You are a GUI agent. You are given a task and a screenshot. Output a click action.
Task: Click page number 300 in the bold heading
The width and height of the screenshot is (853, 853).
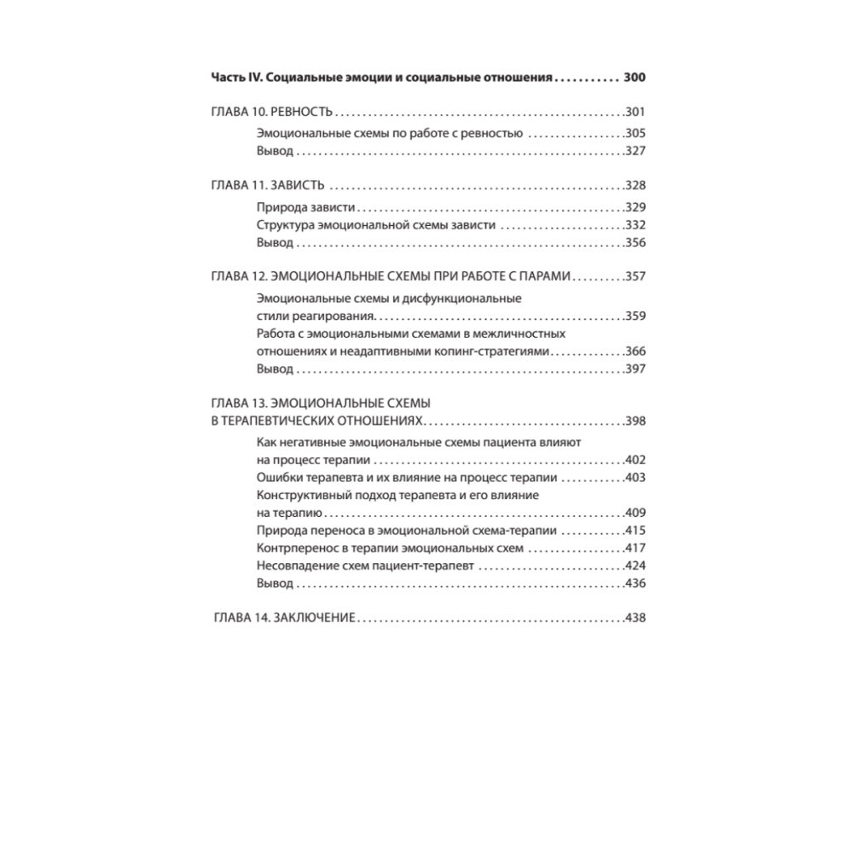[635, 78]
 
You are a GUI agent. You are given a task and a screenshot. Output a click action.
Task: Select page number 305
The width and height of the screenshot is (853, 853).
[635, 133]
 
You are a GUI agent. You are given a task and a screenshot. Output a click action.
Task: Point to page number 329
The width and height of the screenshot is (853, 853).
[635, 207]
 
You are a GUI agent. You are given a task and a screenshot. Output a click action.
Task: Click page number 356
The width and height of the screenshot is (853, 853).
[635, 243]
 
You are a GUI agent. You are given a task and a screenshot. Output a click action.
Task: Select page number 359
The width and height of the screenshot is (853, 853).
[635, 316]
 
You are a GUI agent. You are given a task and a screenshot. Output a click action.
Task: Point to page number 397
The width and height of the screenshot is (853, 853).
[635, 369]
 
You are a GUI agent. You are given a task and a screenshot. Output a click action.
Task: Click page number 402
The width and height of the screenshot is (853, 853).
[635, 460]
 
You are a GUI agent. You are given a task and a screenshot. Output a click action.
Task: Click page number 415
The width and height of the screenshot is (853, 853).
[635, 531]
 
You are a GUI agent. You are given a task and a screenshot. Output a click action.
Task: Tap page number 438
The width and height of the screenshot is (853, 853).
[635, 618]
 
